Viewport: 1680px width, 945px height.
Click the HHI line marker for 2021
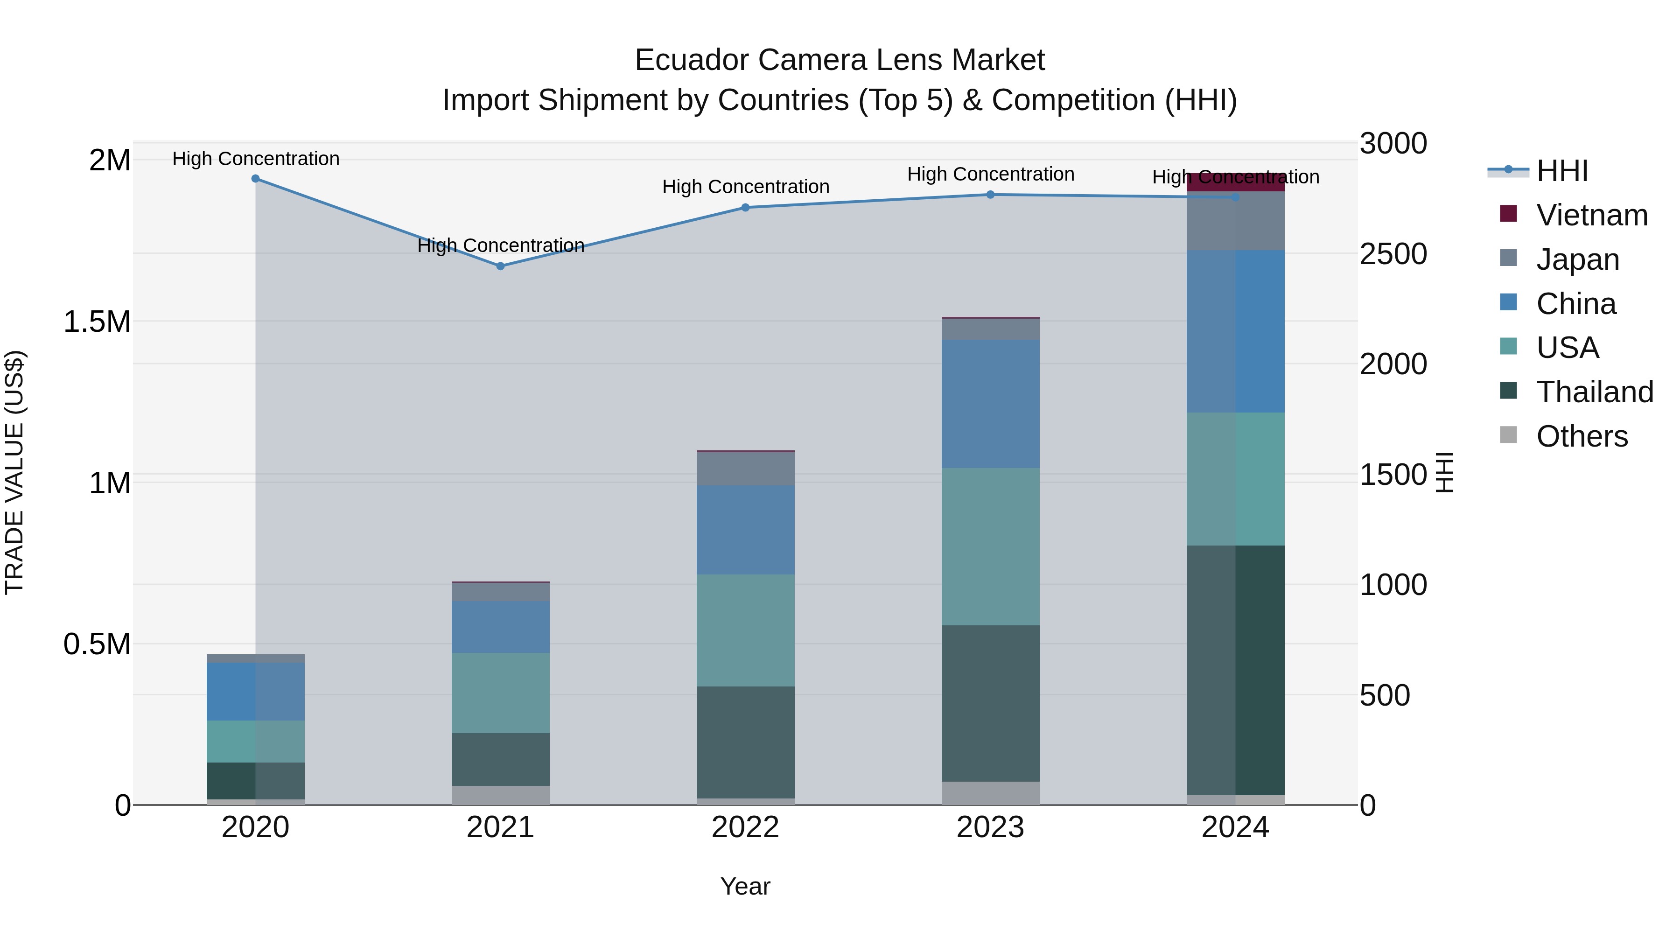500,266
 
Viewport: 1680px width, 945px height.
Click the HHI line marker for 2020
256,179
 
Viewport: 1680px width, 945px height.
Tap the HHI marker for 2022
745,207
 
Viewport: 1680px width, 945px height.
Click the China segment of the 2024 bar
1235,331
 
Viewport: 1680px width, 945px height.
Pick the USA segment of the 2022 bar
745,630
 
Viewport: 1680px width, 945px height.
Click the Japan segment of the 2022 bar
745,468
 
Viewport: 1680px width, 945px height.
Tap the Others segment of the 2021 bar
500,795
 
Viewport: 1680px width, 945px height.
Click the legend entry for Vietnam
1591,215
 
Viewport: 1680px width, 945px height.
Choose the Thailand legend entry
1594,392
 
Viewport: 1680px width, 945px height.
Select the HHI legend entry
1561,171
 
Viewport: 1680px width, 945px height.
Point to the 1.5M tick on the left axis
97,322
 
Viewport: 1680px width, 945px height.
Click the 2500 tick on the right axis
1393,254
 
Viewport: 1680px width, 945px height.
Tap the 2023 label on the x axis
990,827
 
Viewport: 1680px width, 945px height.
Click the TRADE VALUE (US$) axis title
14,472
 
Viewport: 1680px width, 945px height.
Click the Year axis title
745,886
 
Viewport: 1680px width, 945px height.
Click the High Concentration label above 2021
500,246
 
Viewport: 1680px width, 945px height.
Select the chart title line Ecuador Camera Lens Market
840,60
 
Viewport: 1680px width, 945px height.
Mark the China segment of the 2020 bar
256,691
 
